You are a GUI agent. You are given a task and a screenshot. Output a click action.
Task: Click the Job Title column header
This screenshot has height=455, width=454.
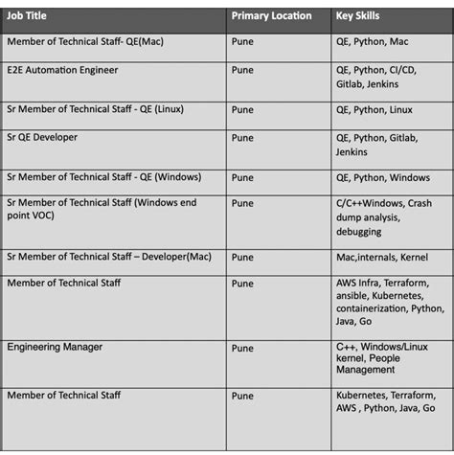[x=27, y=16]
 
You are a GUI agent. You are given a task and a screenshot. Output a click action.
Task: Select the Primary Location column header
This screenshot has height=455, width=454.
[x=271, y=16]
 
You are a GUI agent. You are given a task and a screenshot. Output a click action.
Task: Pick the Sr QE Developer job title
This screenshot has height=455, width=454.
[x=42, y=137]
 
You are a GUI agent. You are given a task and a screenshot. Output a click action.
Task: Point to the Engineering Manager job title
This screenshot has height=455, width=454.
[x=55, y=346]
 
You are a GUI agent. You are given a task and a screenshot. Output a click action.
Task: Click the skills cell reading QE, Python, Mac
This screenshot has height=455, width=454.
[x=372, y=42]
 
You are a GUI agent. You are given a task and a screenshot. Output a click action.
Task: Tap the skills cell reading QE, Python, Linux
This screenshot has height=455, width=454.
[x=374, y=110]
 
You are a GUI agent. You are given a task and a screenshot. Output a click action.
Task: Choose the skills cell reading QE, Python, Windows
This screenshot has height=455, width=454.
[x=382, y=177]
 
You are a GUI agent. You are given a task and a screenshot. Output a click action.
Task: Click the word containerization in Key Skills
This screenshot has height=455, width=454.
[x=373, y=308]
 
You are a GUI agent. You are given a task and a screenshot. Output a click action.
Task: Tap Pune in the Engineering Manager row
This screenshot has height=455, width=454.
[x=242, y=347]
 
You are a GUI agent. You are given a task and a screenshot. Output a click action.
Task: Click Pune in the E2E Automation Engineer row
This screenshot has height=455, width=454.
[x=242, y=70]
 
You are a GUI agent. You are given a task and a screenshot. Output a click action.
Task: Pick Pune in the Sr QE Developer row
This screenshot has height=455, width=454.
[x=242, y=137]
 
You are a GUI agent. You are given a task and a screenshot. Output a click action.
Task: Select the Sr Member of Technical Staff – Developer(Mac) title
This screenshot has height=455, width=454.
[x=108, y=256]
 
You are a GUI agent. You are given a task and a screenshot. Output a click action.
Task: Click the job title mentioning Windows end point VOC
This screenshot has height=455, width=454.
[x=101, y=209]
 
